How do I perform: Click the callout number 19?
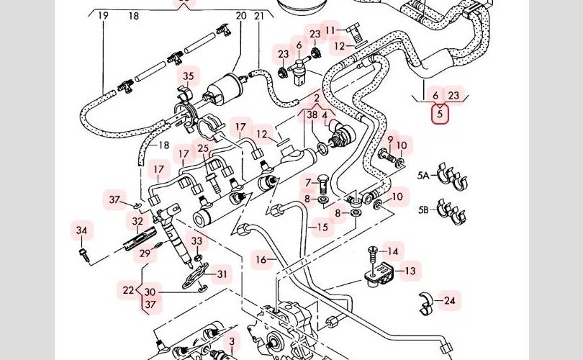click(103, 15)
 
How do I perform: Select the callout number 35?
click(188, 76)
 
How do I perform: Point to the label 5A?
click(423, 174)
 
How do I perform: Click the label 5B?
click(423, 210)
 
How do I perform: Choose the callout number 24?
click(450, 300)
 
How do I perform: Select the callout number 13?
click(410, 271)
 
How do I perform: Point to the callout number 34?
click(81, 230)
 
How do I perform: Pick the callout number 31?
click(222, 274)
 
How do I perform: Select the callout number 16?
click(261, 258)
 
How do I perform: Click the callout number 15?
click(322, 228)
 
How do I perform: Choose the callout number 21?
click(259, 15)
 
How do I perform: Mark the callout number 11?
click(330, 30)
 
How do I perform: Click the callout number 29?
click(145, 253)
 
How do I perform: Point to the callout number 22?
click(128, 290)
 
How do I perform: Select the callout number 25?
click(204, 149)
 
